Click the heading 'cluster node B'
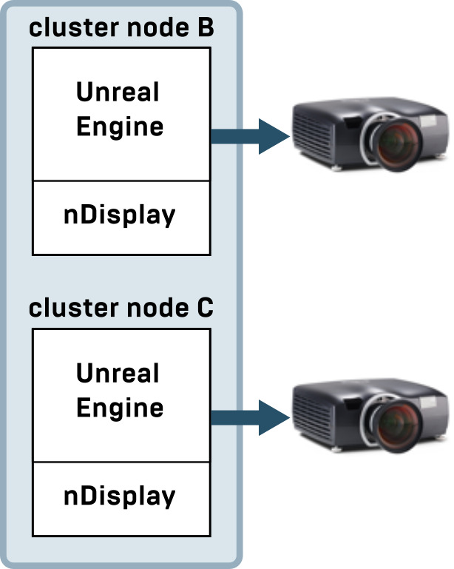(x=121, y=29)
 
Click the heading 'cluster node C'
(x=121, y=309)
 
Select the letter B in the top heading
(x=205, y=29)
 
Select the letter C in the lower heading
(x=205, y=309)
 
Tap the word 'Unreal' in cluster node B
(x=118, y=92)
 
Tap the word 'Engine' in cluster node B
(x=120, y=127)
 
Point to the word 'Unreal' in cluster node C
(x=118, y=374)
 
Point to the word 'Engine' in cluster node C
(x=120, y=408)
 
